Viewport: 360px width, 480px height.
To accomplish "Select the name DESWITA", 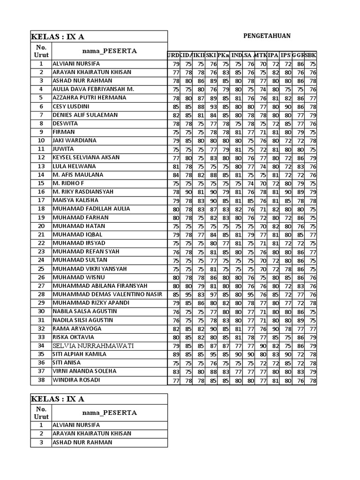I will click(x=66, y=124).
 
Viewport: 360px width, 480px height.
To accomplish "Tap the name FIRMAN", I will click(x=64, y=132).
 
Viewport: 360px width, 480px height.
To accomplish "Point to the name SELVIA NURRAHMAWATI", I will click(x=93, y=346).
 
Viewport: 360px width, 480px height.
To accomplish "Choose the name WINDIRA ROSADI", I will click(x=76, y=380).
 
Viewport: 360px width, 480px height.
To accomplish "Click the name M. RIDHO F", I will click(x=68, y=183).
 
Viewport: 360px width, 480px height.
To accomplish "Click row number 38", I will click(x=41, y=380).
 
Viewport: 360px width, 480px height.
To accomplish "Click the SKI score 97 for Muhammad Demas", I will click(x=212, y=295).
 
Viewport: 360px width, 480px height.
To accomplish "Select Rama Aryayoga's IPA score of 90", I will click(x=275, y=329).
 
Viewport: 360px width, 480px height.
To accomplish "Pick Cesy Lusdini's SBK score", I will click(x=313, y=107).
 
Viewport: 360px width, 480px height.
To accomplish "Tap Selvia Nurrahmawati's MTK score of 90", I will click(x=262, y=346).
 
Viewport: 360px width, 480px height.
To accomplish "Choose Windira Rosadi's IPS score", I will click(x=287, y=380).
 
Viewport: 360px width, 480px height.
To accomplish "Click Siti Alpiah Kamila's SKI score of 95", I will click(x=212, y=354).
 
